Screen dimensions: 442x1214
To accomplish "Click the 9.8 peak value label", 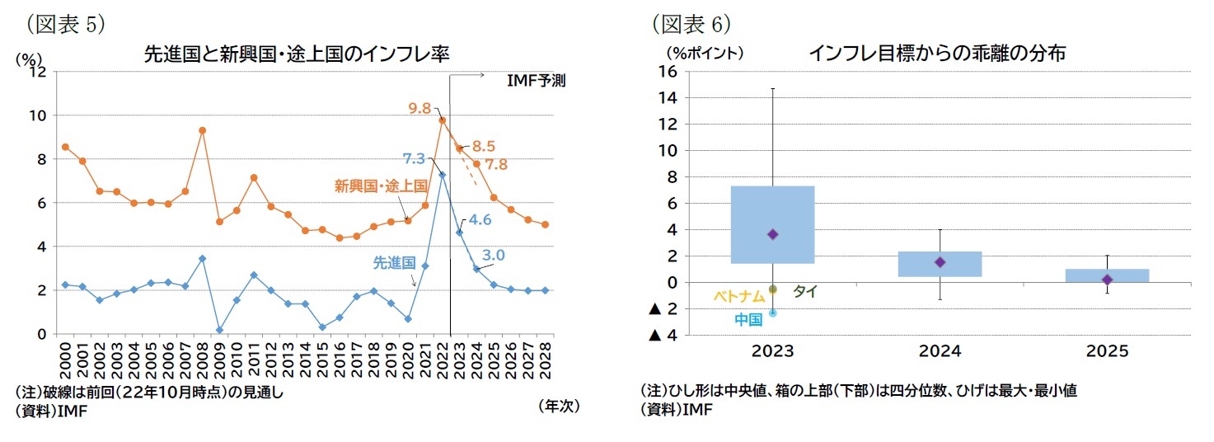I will (420, 108).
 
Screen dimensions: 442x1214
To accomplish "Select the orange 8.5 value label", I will (483, 147).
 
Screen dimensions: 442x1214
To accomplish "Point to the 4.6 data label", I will (480, 220).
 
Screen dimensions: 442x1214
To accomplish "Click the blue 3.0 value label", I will (493, 255).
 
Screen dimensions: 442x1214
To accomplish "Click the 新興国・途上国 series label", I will (380, 186).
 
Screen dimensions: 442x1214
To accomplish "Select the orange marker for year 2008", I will (202, 130).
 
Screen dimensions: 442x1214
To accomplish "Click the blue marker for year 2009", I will (219, 330).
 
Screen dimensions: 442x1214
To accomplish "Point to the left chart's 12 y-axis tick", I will (37, 72).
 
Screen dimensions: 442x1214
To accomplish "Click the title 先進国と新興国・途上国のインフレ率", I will (302, 54).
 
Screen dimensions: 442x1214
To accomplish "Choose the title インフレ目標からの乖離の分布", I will (937, 54).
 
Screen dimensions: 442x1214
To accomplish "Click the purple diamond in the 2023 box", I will (772, 234).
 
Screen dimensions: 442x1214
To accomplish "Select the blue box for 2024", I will (940, 264).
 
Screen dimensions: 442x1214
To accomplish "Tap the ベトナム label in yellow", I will (738, 297).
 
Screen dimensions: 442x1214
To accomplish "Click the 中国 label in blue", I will (748, 320).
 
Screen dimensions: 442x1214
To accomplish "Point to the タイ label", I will (804, 291).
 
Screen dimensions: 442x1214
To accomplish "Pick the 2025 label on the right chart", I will (1107, 350).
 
